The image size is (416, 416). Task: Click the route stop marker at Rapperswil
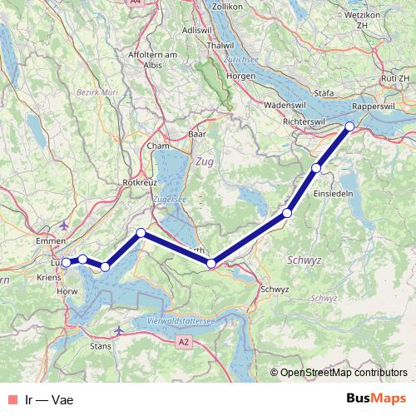(x=350, y=126)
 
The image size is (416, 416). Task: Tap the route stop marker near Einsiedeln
(x=316, y=169)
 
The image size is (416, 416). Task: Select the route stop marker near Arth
(x=211, y=264)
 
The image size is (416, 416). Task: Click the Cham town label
(x=158, y=146)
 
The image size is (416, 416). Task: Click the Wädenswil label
(x=286, y=106)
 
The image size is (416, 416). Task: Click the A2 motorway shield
(x=185, y=341)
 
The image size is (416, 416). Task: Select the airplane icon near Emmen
(x=66, y=225)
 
